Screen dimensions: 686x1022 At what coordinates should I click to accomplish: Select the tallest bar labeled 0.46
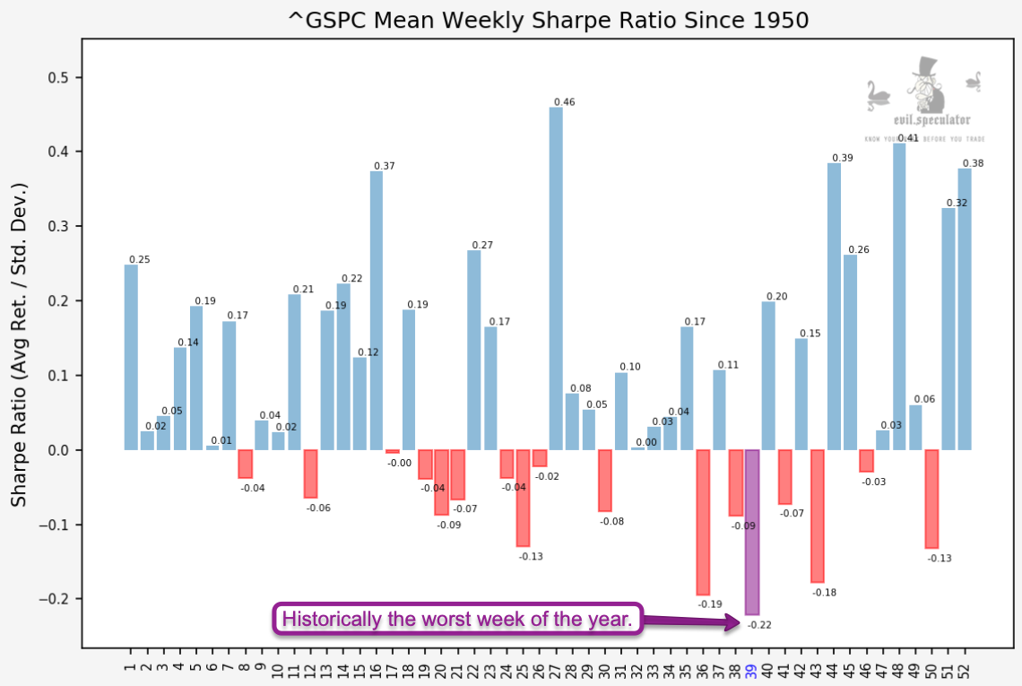(556, 278)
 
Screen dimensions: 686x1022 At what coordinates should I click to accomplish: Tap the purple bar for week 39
(752, 532)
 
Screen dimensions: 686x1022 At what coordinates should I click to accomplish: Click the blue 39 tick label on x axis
(752, 664)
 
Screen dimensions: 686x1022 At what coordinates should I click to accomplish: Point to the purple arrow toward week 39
(690, 621)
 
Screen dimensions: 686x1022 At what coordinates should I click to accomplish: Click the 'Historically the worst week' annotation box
(458, 619)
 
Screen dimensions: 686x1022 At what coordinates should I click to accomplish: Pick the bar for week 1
(131, 357)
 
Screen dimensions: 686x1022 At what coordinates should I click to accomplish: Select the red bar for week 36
(703, 522)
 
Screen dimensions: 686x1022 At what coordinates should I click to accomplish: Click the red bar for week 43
(818, 517)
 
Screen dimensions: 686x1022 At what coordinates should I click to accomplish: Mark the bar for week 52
(965, 308)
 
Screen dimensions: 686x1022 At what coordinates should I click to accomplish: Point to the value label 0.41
(907, 137)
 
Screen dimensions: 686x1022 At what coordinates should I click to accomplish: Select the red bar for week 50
(931, 499)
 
